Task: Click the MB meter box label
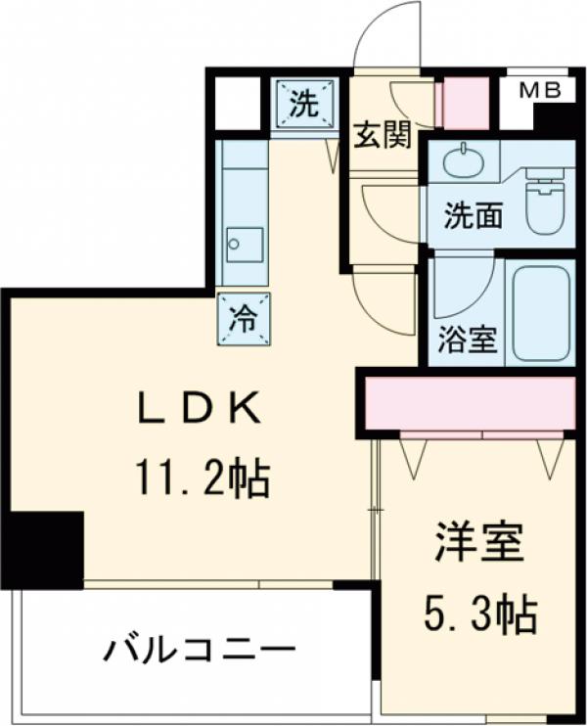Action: coord(539,91)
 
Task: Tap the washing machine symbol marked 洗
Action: coord(303,105)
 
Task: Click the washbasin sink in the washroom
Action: coord(460,161)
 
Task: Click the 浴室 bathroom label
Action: coord(469,340)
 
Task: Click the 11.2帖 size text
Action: coord(202,478)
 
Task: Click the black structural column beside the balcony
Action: coord(43,548)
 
